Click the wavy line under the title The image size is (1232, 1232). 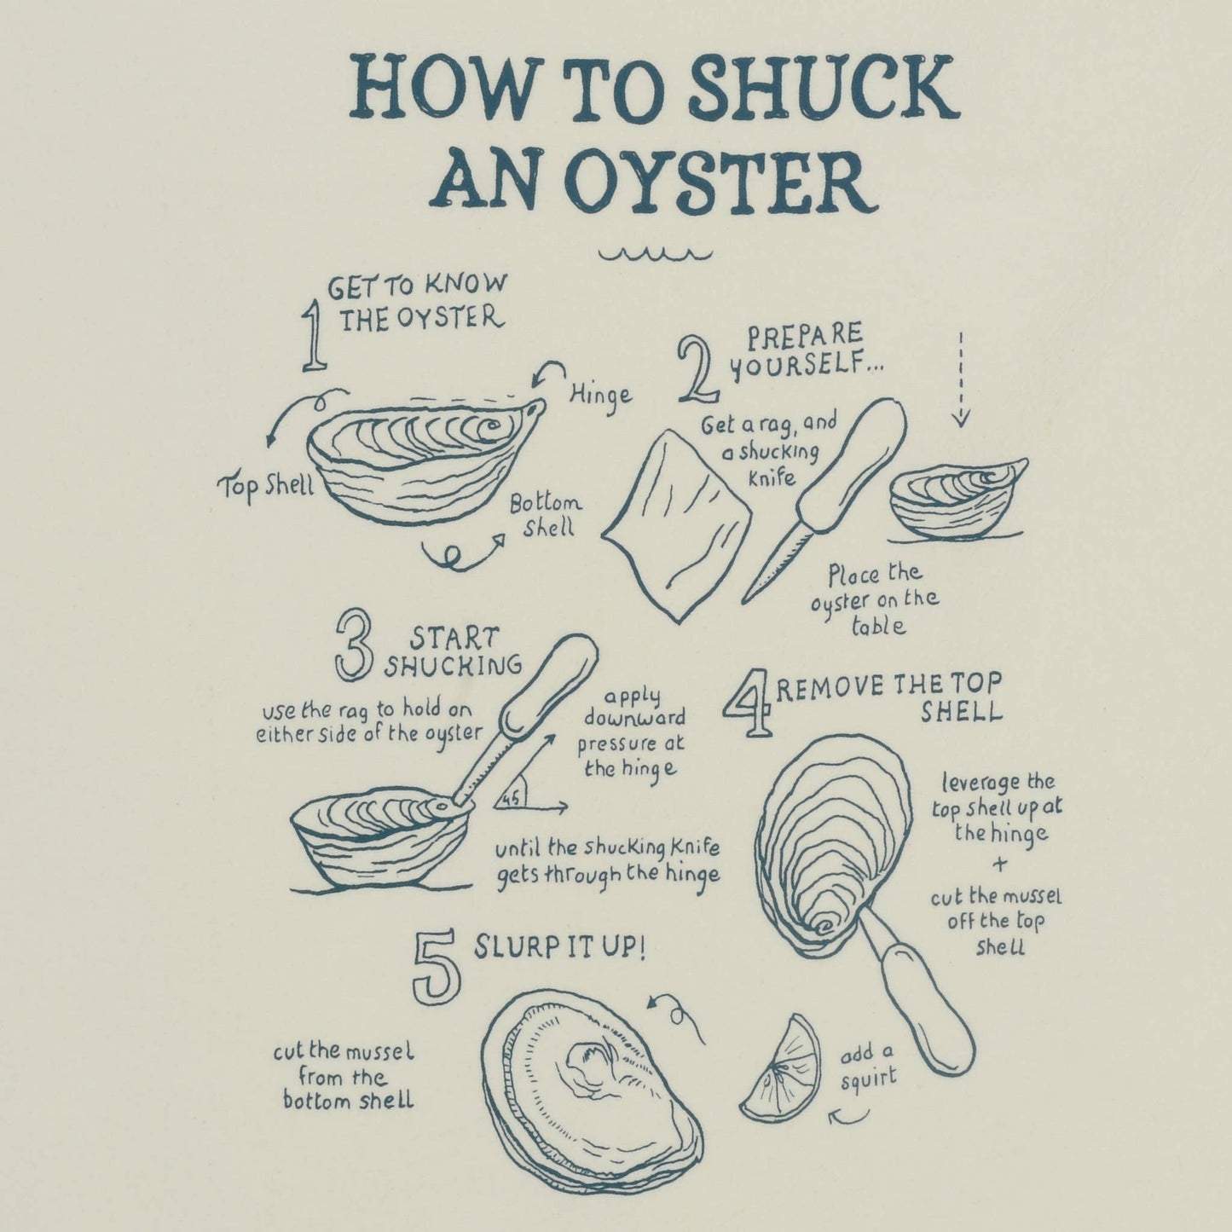(656, 255)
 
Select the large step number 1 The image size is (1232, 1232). (313, 338)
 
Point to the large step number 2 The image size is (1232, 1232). (698, 370)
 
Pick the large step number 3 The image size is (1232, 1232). (354, 645)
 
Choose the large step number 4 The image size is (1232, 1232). (748, 703)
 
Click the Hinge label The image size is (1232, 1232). (601, 396)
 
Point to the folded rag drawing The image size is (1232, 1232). (676, 525)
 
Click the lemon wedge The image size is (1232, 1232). (784, 1069)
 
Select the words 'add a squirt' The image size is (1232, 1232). (868, 1068)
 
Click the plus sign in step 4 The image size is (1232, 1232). (999, 865)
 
